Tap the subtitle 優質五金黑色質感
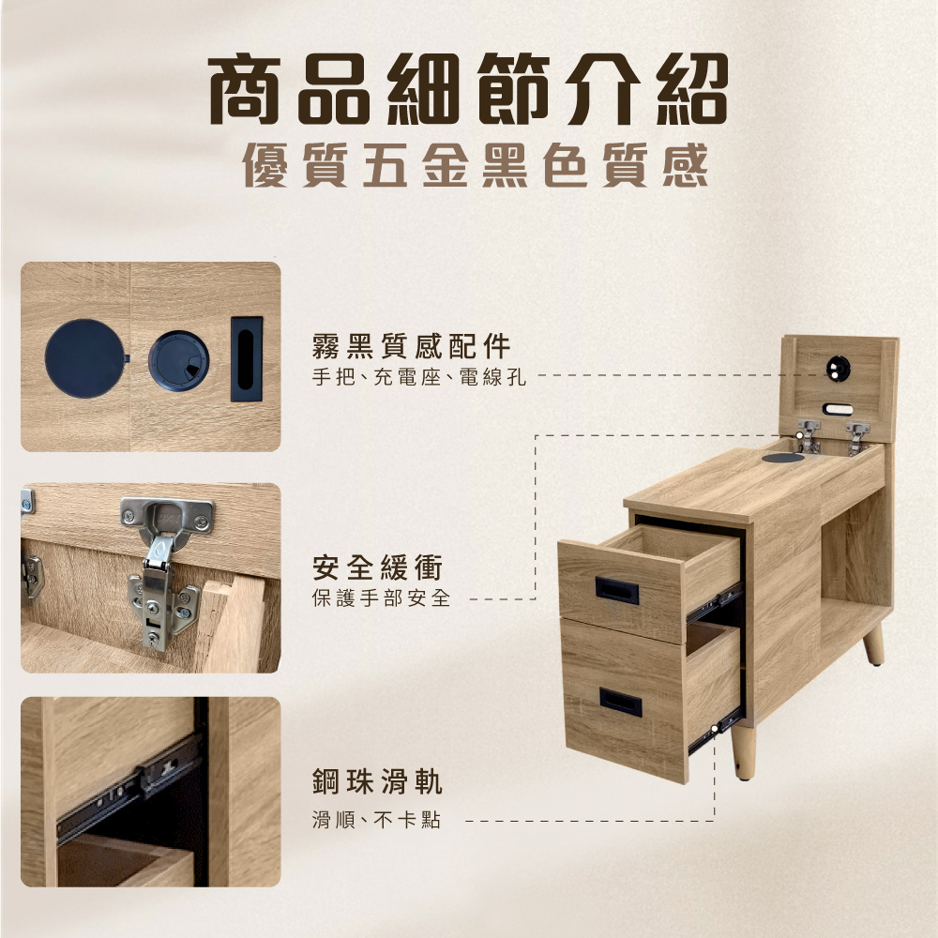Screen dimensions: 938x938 pyautogui.click(x=475, y=165)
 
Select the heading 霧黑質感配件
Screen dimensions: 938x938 pyautogui.click(x=412, y=346)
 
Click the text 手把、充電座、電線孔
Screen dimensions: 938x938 pyautogui.click(x=418, y=377)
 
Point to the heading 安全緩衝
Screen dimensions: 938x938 pyautogui.click(x=377, y=567)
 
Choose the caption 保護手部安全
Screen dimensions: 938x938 pyautogui.click(x=381, y=598)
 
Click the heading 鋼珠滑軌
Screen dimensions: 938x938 pyautogui.click(x=377, y=782)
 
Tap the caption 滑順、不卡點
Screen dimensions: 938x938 pyautogui.click(x=376, y=820)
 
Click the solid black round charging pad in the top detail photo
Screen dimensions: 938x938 pyautogui.click(x=86, y=358)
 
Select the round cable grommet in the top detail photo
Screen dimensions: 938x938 pyautogui.click(x=179, y=361)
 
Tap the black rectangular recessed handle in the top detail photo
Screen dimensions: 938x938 pyautogui.click(x=247, y=359)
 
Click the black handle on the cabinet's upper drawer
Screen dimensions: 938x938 pyautogui.click(x=616, y=590)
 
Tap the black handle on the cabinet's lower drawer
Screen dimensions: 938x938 pyautogui.click(x=620, y=702)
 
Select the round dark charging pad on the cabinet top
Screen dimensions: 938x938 pyautogui.click(x=783, y=459)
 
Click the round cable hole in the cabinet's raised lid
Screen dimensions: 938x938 pyautogui.click(x=839, y=368)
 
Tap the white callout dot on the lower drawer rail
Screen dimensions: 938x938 pyautogui.click(x=714, y=729)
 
